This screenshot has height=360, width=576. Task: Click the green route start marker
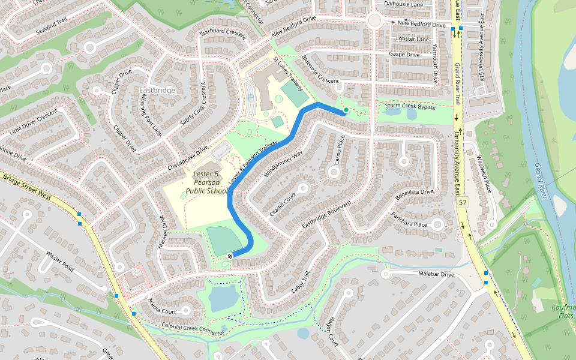(346, 110)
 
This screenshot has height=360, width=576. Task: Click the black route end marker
(230, 256)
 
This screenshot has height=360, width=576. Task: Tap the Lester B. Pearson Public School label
(207, 182)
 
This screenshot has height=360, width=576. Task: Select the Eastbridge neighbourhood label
(157, 90)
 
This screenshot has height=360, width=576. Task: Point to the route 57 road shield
(462, 203)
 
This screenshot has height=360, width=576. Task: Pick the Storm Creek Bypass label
(410, 106)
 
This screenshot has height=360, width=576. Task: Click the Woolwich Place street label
(484, 175)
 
